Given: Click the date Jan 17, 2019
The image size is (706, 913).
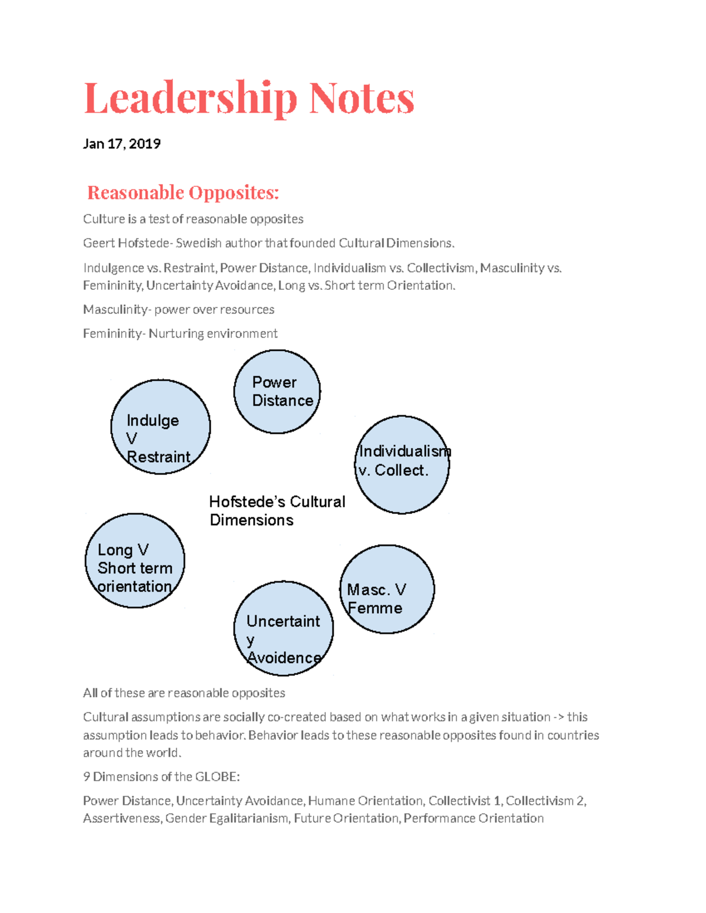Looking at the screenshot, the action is pyautogui.click(x=122, y=144).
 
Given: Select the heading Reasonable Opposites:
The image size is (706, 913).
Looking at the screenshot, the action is pyautogui.click(x=183, y=192).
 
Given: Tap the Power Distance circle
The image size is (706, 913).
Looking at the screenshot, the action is pyautogui.click(x=277, y=392).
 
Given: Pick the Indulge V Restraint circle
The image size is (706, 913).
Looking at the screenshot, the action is pyautogui.click(x=160, y=427).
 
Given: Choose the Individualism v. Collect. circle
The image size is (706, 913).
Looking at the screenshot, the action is pyautogui.click(x=402, y=464).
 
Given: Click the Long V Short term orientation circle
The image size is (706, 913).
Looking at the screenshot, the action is pyautogui.click(x=135, y=561).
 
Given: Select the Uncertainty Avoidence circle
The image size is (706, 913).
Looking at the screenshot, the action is pyautogui.click(x=284, y=628).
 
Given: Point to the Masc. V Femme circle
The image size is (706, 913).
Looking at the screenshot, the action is pyautogui.click(x=387, y=589).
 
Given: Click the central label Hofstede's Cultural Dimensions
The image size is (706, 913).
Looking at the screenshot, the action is pyautogui.click(x=277, y=510).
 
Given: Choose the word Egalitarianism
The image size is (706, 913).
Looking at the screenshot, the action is pyautogui.click(x=249, y=818).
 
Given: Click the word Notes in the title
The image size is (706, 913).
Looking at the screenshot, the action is pyautogui.click(x=362, y=98).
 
